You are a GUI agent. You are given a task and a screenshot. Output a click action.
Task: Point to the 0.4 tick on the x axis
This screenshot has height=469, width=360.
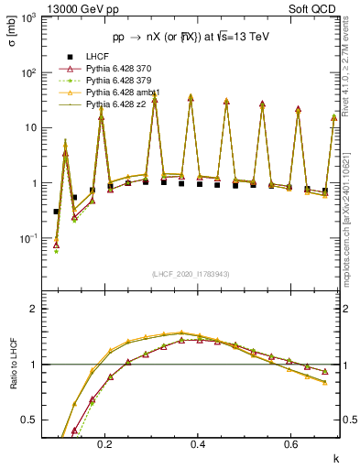198,443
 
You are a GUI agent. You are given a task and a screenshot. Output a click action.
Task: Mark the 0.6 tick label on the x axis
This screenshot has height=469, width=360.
291,443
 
